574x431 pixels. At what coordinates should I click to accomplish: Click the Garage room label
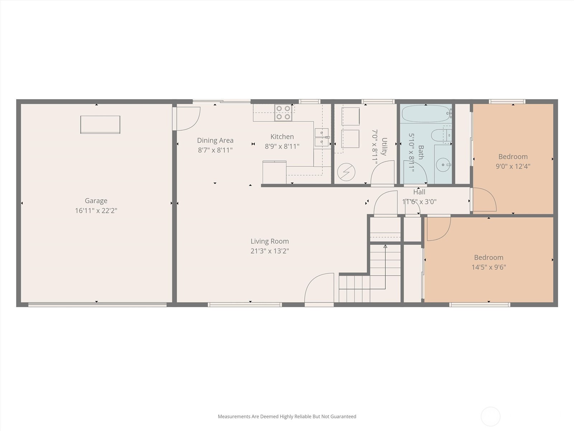[96, 201]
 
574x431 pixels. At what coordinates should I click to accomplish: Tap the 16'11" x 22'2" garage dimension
[96, 211]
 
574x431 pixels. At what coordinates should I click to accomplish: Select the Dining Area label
[215, 140]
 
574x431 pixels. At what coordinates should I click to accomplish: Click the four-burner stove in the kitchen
[283, 113]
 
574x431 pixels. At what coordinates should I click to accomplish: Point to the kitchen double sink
[322, 138]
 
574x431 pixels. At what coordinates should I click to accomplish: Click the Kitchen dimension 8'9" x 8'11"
[282, 146]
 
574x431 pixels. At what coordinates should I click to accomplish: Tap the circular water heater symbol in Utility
[346, 172]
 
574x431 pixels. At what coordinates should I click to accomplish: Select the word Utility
[384, 147]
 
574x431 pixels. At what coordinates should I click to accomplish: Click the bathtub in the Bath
[426, 113]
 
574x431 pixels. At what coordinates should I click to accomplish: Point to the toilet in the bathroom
[441, 135]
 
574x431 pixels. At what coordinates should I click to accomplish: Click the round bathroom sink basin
[443, 165]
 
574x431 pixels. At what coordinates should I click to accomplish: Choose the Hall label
[419, 192]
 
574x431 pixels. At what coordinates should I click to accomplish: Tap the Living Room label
[270, 241]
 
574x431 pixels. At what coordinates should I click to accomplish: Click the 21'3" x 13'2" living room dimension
[270, 251]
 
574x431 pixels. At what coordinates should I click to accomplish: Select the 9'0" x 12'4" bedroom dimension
[513, 166]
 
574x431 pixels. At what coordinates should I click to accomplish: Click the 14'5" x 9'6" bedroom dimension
[489, 267]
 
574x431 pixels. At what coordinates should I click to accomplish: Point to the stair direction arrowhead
[385, 246]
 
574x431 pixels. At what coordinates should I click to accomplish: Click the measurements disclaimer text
[287, 416]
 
